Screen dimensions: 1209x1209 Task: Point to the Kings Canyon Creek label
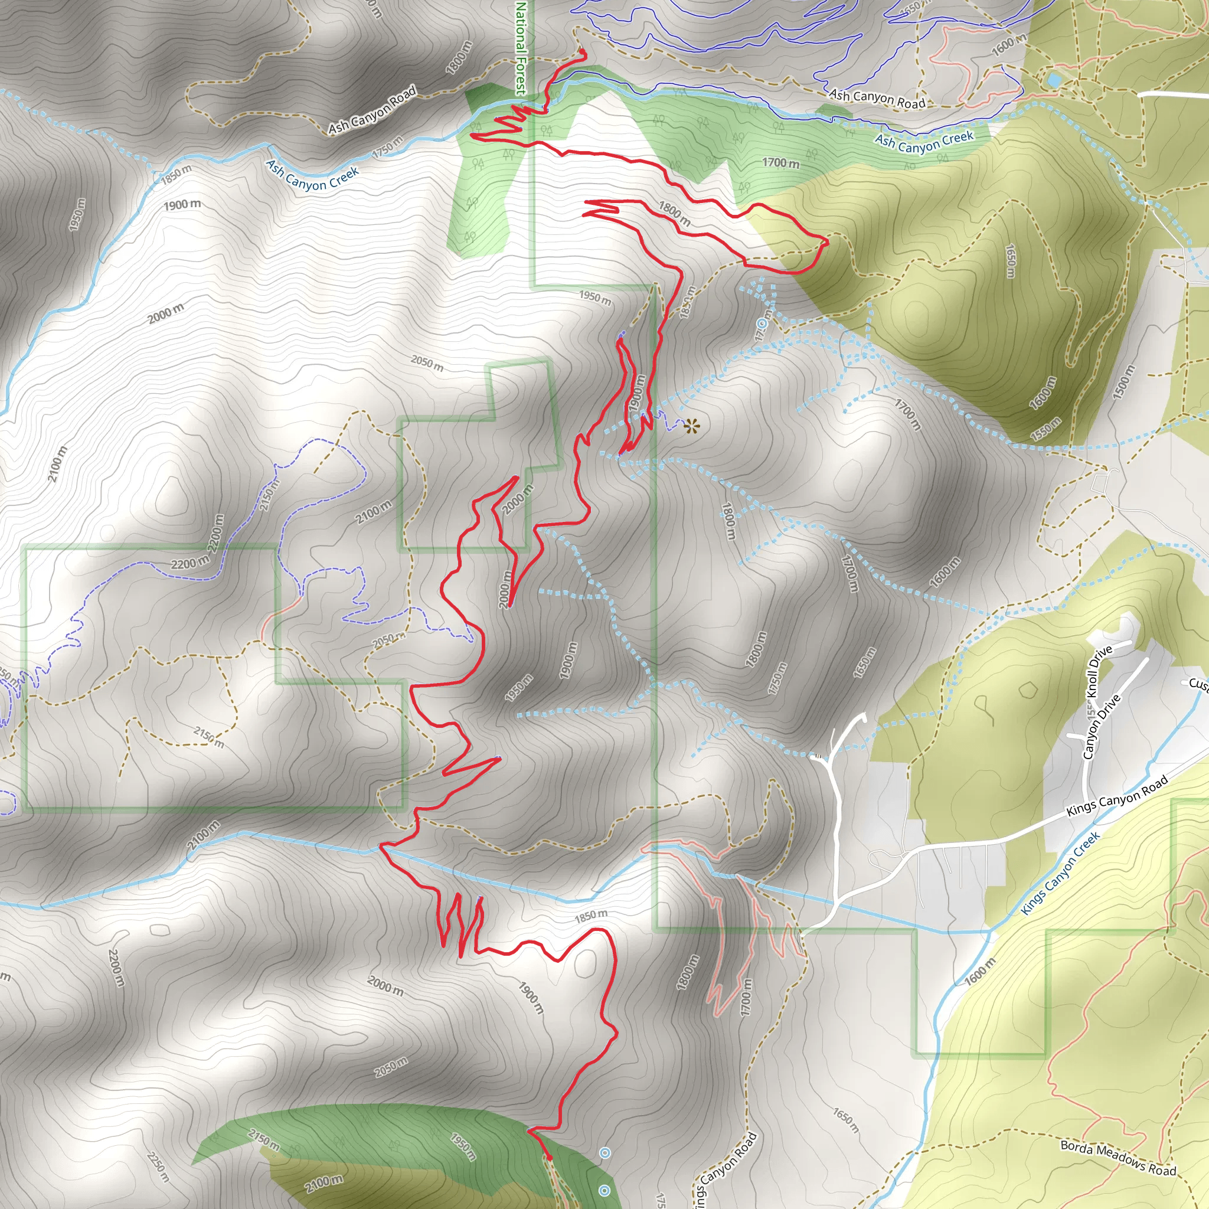(x=1060, y=874)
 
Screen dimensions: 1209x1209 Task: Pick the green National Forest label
(x=521, y=47)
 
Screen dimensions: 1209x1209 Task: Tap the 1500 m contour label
(x=1124, y=383)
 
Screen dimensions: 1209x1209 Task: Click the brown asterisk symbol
(x=691, y=427)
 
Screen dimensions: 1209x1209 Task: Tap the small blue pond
(x=1053, y=80)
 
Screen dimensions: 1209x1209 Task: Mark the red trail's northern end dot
(x=582, y=51)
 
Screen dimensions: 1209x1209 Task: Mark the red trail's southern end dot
(x=550, y=1157)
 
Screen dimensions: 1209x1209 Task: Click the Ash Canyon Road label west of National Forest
(x=372, y=110)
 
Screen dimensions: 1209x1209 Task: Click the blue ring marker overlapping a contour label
(x=762, y=323)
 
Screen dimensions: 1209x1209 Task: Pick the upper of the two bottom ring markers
(x=604, y=1153)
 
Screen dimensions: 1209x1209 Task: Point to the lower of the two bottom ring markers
(x=604, y=1190)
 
